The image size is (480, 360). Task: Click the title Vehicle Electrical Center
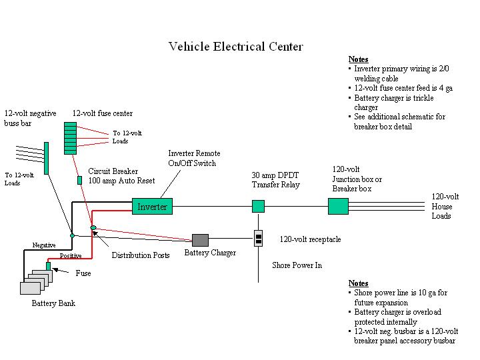pos(235,47)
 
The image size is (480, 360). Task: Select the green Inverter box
pos(152,207)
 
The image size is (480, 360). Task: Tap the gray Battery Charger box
pos(200,240)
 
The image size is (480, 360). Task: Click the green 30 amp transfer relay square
pos(258,207)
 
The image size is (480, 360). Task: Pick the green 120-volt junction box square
pos(338,206)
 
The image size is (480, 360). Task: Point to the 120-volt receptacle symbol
pos(258,239)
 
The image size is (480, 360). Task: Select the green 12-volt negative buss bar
pos(47,157)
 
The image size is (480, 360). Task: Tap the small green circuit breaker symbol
pos(79,180)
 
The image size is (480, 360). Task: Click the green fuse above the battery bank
pos(49,266)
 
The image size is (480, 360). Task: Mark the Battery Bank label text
pos(53,304)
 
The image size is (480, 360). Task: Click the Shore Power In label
pos(297,265)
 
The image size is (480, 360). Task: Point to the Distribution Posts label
pos(141,255)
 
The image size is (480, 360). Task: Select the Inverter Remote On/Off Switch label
pos(194,158)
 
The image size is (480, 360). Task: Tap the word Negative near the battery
pos(44,245)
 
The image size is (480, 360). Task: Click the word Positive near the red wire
pos(71,256)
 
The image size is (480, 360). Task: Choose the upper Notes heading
pos(358,59)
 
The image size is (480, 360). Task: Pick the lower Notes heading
pos(358,283)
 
